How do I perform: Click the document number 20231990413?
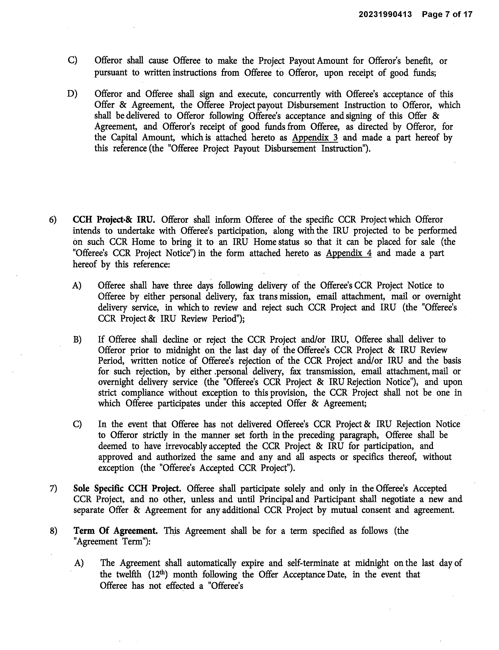point(385,14)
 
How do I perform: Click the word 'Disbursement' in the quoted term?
point(290,149)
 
